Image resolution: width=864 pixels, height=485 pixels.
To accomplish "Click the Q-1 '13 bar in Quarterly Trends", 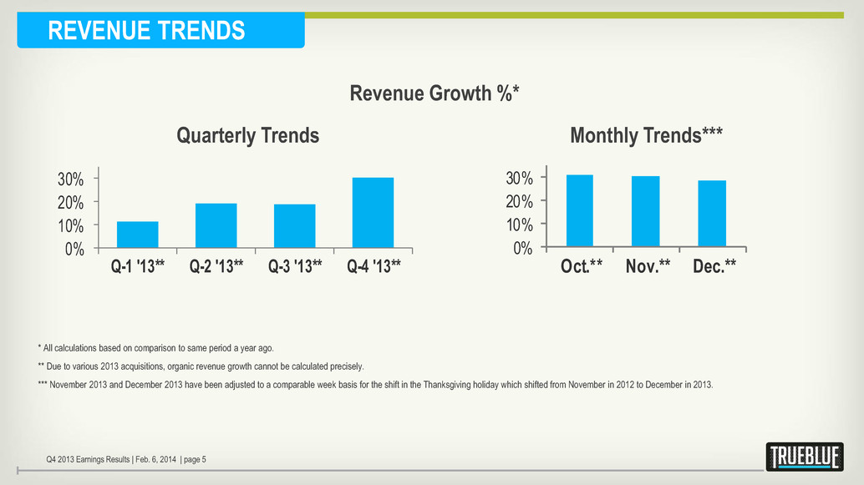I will point(138,235).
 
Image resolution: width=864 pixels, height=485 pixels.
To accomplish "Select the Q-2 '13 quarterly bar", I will point(216,225).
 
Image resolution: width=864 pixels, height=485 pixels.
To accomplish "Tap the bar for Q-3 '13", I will point(294,226).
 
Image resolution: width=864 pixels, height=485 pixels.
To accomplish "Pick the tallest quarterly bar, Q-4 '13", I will point(373,213).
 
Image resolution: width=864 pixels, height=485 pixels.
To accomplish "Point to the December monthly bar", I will point(712,214).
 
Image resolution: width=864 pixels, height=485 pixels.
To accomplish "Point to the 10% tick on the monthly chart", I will point(519,225).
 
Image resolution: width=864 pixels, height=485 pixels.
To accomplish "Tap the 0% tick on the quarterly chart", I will point(74,249).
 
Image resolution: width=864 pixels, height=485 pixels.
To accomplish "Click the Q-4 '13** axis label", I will point(373,267).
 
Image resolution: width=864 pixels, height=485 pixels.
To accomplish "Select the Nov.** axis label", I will point(648,267).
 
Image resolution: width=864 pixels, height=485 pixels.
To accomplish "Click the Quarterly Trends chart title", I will point(247,135).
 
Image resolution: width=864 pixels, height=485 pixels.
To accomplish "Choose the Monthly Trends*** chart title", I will point(646,135).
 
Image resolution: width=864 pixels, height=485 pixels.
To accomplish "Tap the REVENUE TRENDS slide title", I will point(147,31).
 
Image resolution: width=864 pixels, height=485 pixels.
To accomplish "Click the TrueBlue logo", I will point(804,457).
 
